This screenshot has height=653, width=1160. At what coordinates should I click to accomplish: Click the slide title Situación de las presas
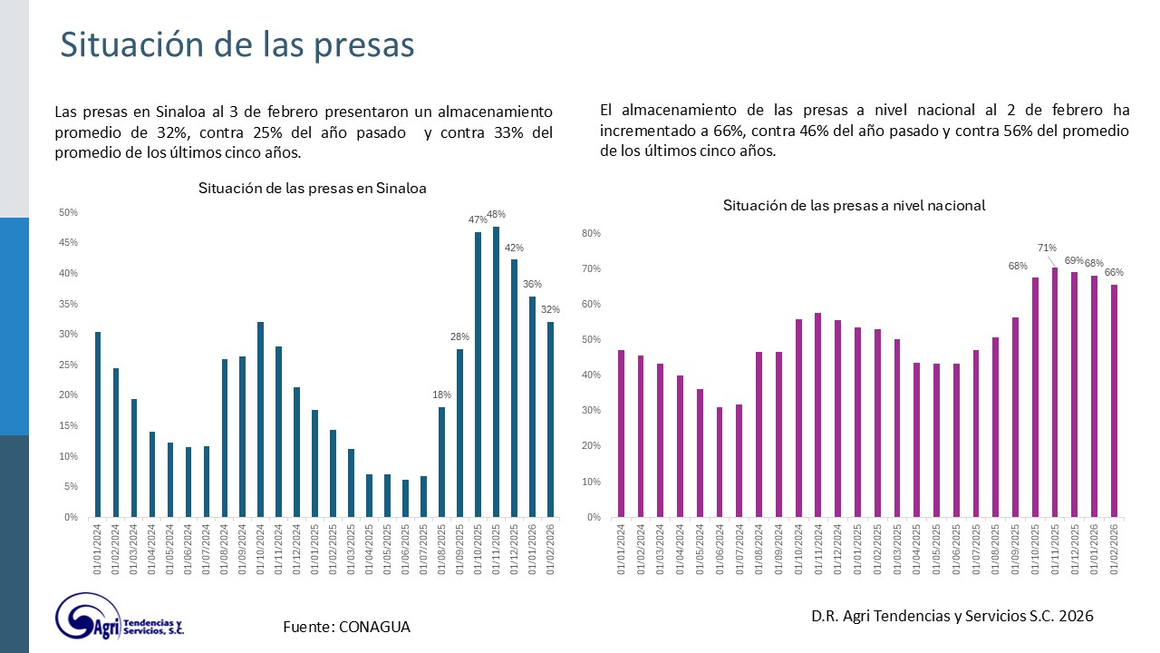[237, 45]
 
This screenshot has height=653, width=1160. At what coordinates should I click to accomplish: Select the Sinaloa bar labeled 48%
[496, 372]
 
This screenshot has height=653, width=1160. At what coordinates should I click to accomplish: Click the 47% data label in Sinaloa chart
[478, 219]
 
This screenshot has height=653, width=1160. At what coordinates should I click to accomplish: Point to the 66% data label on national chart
[1114, 272]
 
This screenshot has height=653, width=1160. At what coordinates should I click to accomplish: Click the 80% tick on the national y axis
[591, 233]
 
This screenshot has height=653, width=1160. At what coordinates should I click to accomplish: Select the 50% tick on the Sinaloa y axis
[68, 212]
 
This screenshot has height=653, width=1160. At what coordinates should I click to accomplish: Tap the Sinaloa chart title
[313, 189]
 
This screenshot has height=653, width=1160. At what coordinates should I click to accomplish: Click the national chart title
[854, 206]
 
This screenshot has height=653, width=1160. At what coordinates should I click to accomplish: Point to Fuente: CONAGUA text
[346, 627]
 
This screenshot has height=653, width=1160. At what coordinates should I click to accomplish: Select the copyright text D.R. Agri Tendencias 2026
[952, 616]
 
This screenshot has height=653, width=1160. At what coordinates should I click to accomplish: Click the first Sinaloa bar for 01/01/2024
[97, 424]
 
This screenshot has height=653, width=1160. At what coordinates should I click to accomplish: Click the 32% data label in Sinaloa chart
[551, 309]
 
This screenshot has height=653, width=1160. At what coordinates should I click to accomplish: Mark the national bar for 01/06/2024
[720, 462]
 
